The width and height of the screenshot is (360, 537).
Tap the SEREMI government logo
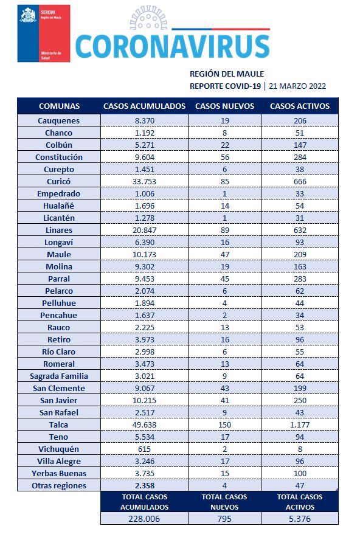pyautogui.click(x=44, y=33)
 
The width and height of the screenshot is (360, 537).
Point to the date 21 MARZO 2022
pyautogui.click(x=297, y=86)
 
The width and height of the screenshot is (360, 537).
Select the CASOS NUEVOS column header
pyautogui.click(x=225, y=106)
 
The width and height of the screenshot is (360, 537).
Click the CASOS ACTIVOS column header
pyautogui.click(x=300, y=106)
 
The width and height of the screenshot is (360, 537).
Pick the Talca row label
pyautogui.click(x=58, y=424)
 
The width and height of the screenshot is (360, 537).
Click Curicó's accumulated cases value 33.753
pyautogui.click(x=144, y=181)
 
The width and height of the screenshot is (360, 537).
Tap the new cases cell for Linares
pyautogui.click(x=225, y=230)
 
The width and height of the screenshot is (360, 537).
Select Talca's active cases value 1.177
pyautogui.click(x=300, y=424)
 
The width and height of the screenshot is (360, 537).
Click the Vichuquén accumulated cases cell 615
pyautogui.click(x=144, y=449)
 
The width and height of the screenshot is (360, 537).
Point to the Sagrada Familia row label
pyautogui.click(x=59, y=376)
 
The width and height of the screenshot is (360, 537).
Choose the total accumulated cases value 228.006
pyautogui.click(x=144, y=519)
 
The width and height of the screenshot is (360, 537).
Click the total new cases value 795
pyautogui.click(x=224, y=519)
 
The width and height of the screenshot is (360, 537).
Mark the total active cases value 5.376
pyautogui.click(x=300, y=519)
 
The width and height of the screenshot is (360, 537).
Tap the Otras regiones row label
pyautogui.click(x=59, y=486)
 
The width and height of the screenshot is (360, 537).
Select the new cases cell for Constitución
pyautogui.click(x=225, y=157)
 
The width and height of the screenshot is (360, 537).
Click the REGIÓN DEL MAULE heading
pyautogui.click(x=227, y=74)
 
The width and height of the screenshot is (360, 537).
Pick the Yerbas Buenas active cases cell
pyautogui.click(x=300, y=473)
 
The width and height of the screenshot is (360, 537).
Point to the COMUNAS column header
pyautogui.click(x=59, y=106)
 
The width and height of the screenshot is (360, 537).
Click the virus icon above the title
pyautogui.click(x=148, y=18)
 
